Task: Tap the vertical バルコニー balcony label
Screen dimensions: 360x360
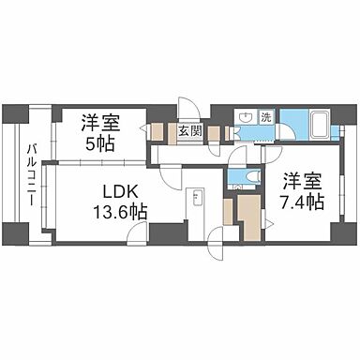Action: click(x=31, y=177)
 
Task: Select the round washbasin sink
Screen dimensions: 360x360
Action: click(x=246, y=118)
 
